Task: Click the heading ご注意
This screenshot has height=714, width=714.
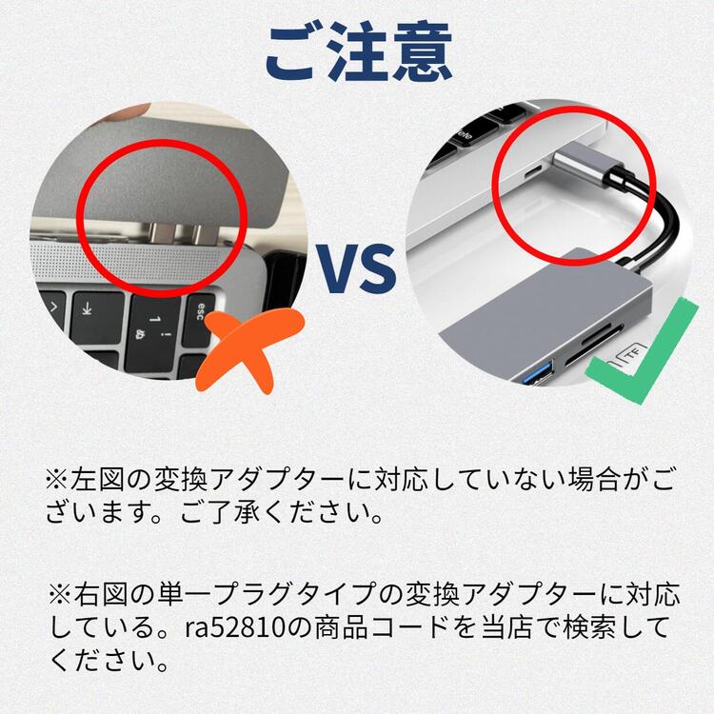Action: [x=358, y=51]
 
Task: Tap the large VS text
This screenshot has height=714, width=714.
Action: [x=357, y=269]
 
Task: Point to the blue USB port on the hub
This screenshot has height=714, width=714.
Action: [x=537, y=371]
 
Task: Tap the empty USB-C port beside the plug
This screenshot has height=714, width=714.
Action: [x=531, y=173]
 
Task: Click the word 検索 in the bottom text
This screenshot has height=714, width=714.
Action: [x=589, y=627]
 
